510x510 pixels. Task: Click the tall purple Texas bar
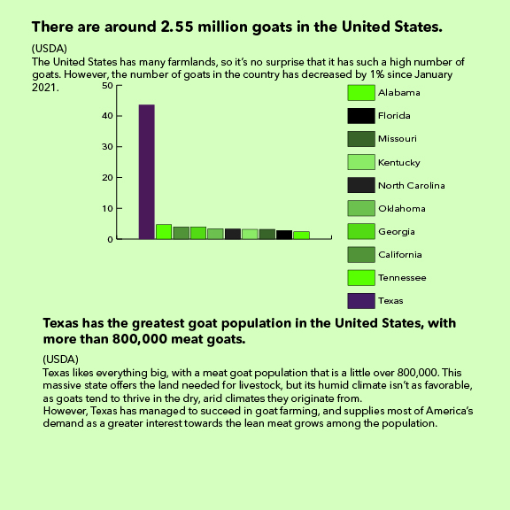pos(147,172)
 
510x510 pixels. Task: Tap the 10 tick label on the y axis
pos(107,208)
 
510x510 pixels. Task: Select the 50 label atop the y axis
pos(107,86)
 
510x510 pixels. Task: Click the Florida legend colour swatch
pos(361,116)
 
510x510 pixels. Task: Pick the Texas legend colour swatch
pos(361,301)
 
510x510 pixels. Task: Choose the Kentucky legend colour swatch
pos(361,162)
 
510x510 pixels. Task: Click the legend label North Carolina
pos(412,185)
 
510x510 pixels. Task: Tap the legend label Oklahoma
pos(402,208)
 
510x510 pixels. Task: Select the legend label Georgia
pos(397,232)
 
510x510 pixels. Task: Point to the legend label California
pos(400,255)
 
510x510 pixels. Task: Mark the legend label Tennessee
pos(402,278)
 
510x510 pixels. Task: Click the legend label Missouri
pos(398,139)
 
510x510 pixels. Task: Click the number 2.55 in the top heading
pos(177,27)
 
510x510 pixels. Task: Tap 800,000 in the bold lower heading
pos(140,339)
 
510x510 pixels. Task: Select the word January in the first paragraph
pos(434,74)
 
